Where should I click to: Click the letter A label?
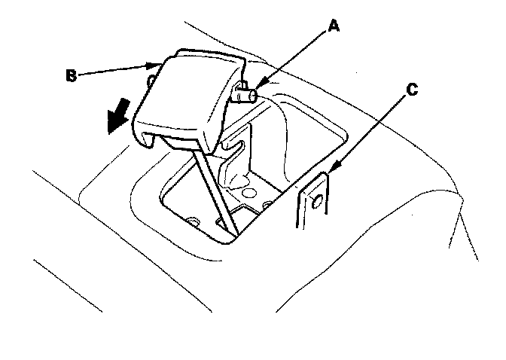(334, 27)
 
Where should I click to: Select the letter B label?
(70, 74)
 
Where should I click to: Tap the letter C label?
(410, 90)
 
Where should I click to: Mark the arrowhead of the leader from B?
(163, 62)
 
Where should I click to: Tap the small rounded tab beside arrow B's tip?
(153, 78)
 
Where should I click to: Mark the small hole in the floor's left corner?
(194, 221)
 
